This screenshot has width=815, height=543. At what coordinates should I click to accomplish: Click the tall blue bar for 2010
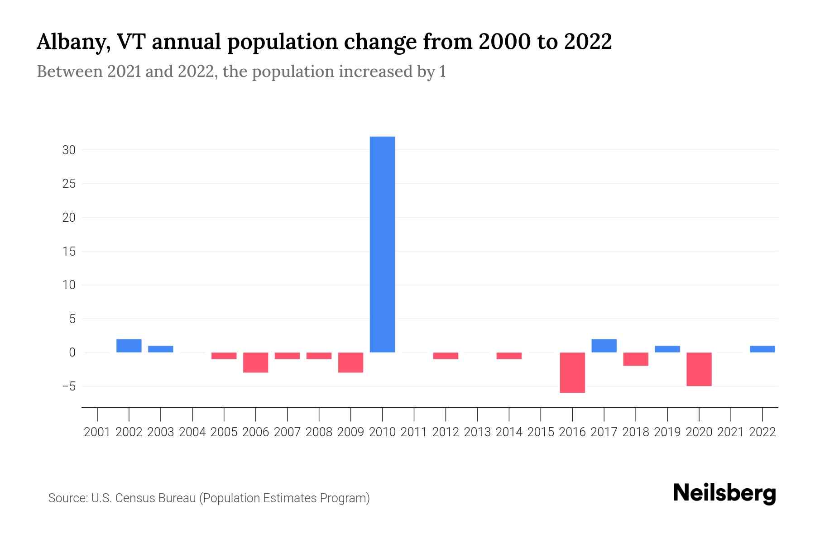click(382, 244)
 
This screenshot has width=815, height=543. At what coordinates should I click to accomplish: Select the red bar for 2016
click(572, 372)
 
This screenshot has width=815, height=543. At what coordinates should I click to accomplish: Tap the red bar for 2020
click(699, 369)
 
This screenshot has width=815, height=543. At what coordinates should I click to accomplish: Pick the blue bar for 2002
click(129, 346)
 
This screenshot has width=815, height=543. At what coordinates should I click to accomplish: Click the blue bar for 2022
click(762, 349)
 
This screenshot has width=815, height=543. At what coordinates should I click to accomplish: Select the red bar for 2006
click(256, 362)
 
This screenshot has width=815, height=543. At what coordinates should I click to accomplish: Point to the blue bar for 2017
click(604, 346)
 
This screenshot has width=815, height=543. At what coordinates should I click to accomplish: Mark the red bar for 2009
click(351, 362)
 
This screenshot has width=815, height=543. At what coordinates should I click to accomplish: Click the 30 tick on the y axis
click(69, 150)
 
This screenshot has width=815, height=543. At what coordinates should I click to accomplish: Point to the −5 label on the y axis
click(69, 386)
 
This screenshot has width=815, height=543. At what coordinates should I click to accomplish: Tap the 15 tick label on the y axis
click(69, 251)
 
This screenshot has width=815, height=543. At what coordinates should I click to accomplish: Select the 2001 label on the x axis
click(97, 432)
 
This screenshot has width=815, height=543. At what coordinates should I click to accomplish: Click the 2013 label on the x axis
click(477, 432)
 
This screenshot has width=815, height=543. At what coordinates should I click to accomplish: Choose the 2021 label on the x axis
click(731, 432)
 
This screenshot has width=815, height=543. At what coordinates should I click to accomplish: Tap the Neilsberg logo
click(724, 493)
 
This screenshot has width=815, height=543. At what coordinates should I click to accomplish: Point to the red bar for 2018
click(636, 359)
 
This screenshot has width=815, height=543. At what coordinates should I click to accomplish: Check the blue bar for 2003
click(161, 349)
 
